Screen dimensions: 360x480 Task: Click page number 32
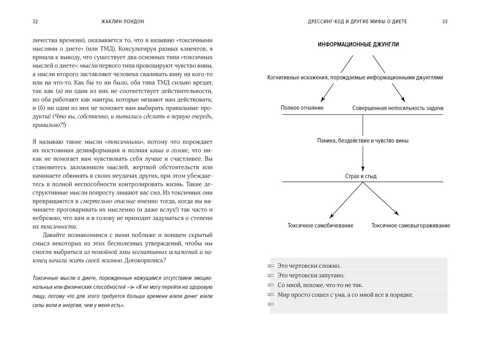click(x=35, y=21)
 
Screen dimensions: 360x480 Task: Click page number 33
click(x=445, y=21)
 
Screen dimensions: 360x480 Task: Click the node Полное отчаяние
click(x=302, y=108)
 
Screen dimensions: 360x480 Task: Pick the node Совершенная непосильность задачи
click(x=398, y=108)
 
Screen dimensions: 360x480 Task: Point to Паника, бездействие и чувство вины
click(x=363, y=141)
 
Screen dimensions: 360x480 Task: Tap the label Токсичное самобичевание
click(x=320, y=226)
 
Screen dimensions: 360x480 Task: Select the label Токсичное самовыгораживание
click(x=411, y=226)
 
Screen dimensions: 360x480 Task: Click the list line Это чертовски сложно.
click(x=309, y=265)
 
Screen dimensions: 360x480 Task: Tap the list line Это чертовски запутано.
click(x=311, y=275)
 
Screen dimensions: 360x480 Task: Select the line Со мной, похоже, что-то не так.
click(x=320, y=285)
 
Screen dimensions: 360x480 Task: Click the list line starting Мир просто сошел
click(x=345, y=295)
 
